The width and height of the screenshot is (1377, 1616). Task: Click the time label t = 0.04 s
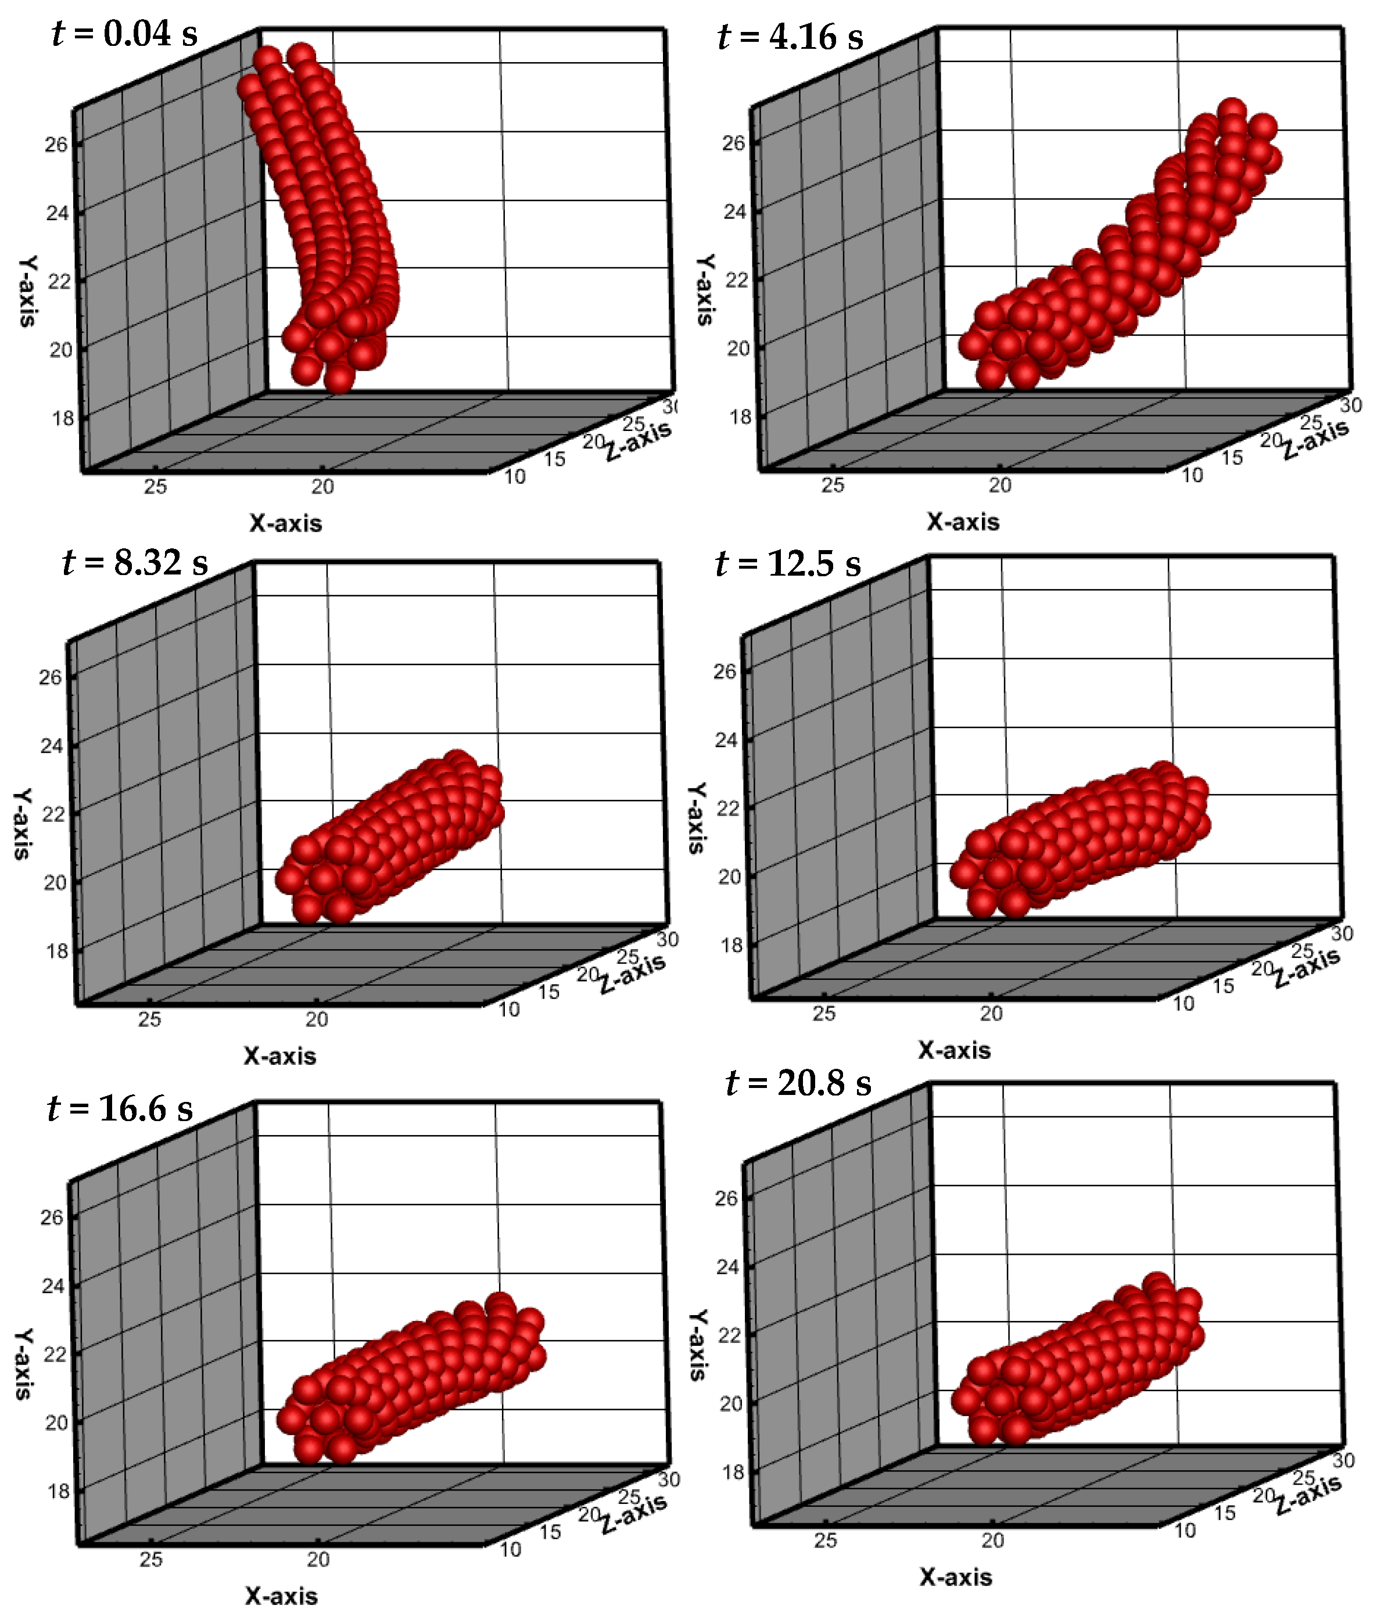[125, 34]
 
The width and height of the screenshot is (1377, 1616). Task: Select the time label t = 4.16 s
[790, 37]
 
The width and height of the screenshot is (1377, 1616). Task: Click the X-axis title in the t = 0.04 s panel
[285, 523]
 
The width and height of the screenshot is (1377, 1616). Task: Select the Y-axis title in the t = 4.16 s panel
[705, 289]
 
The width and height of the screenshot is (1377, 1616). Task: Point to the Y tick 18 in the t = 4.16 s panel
[740, 416]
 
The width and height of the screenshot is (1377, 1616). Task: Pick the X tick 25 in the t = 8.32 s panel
[149, 1019]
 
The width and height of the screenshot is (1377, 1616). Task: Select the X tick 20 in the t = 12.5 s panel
[991, 1014]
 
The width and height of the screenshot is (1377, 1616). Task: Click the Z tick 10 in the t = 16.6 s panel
[510, 1550]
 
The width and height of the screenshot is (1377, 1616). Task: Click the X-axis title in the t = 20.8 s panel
[956, 1578]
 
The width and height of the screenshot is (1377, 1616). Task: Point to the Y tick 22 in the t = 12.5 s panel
[727, 809]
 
